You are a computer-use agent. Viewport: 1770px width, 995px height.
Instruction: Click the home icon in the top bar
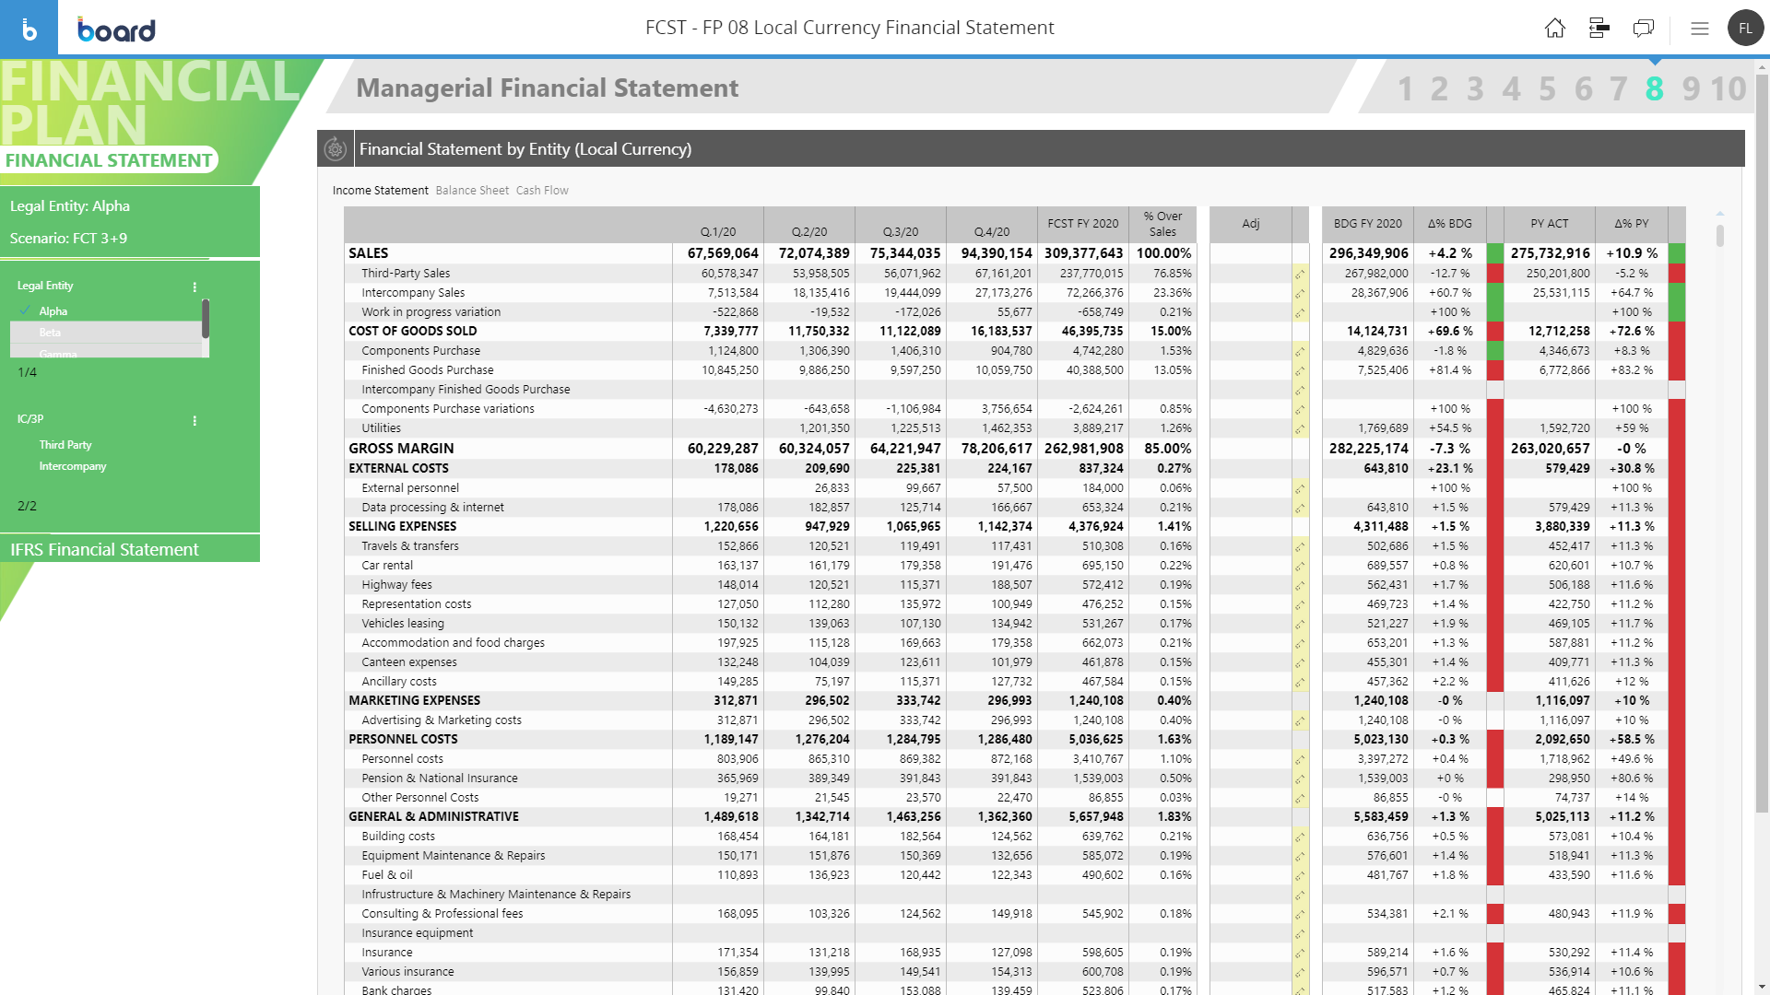pyautogui.click(x=1554, y=29)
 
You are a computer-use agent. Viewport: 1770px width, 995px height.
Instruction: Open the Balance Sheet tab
pyautogui.click(x=472, y=191)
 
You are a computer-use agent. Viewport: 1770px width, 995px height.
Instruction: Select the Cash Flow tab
pyautogui.click(x=542, y=191)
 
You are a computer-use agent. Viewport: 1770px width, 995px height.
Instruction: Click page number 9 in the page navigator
pyautogui.click(x=1691, y=89)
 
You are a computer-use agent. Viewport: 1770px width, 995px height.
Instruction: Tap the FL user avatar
pyautogui.click(x=1745, y=29)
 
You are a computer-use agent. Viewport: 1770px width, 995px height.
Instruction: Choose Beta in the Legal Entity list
pyautogui.click(x=50, y=333)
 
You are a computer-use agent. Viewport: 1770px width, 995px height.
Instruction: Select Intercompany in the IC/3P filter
pyautogui.click(x=73, y=466)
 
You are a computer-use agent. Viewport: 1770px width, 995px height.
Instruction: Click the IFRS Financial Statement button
pyautogui.click(x=104, y=550)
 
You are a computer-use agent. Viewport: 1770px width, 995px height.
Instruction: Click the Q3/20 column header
pyautogui.click(x=900, y=232)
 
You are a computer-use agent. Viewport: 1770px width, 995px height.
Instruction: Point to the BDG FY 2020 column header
pyautogui.click(x=1367, y=224)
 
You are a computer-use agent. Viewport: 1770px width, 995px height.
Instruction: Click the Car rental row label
pyautogui.click(x=387, y=566)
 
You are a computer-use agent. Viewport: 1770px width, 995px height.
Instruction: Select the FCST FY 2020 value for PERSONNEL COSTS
pyautogui.click(x=1083, y=740)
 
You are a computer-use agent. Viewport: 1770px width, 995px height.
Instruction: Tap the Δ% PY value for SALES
pyautogui.click(x=1632, y=253)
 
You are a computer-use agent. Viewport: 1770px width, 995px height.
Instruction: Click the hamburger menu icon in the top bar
pyautogui.click(x=1700, y=29)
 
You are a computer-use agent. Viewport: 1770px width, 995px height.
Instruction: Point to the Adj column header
pyautogui.click(x=1250, y=224)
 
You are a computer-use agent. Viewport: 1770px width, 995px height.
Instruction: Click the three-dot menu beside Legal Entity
pyautogui.click(x=195, y=287)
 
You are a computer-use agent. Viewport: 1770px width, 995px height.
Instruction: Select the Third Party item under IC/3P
pyautogui.click(x=65, y=445)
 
